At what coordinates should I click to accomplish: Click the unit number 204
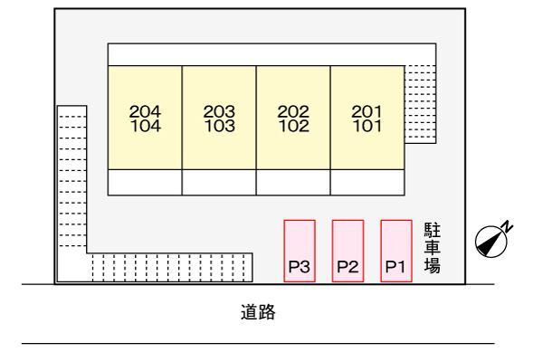(145, 111)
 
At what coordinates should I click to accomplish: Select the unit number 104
(145, 126)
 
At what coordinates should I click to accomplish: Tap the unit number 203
(219, 111)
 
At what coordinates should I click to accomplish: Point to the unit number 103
(219, 126)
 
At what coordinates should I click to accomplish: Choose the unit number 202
(293, 111)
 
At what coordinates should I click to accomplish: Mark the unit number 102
(293, 126)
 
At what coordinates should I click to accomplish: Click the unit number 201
(367, 111)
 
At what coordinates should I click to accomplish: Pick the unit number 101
(367, 126)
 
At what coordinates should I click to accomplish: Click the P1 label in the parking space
(393, 267)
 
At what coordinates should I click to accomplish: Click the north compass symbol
(491, 241)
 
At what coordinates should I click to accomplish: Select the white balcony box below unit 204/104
(145, 182)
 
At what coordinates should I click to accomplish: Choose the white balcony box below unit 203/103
(219, 182)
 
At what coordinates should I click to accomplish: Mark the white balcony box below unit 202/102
(293, 182)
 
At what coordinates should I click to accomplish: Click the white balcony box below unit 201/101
(367, 182)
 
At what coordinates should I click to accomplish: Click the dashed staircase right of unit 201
(419, 101)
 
